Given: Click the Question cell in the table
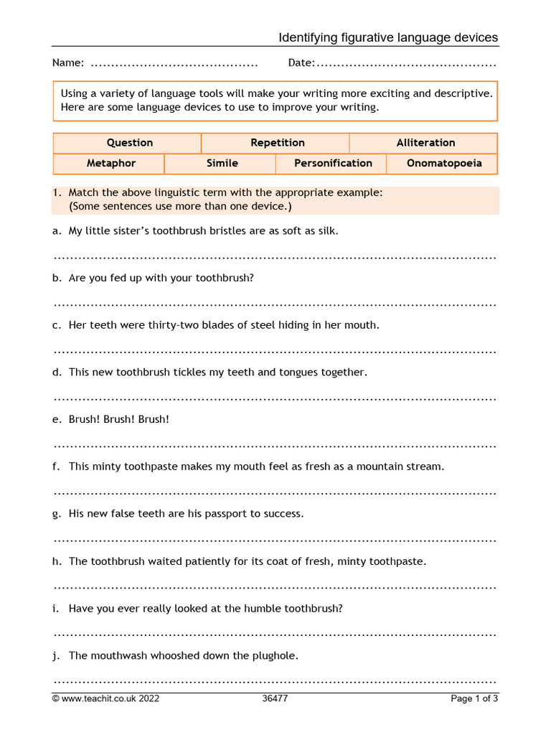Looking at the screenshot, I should click(x=129, y=143).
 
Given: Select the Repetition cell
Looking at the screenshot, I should click(x=277, y=143).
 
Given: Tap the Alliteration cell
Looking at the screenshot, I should click(x=425, y=143).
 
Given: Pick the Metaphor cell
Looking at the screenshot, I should click(x=110, y=163).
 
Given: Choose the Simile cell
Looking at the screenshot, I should click(x=222, y=163).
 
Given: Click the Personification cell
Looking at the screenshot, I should click(x=333, y=163).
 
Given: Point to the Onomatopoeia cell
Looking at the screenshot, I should click(x=444, y=163).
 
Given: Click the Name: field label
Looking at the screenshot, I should click(x=68, y=63).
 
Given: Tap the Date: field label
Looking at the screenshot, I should click(x=301, y=63).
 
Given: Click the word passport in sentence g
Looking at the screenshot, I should click(x=240, y=514).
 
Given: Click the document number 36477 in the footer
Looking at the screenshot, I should click(x=275, y=698).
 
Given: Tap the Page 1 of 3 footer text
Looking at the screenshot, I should click(x=474, y=698).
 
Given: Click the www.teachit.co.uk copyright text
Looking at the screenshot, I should click(x=105, y=698).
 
